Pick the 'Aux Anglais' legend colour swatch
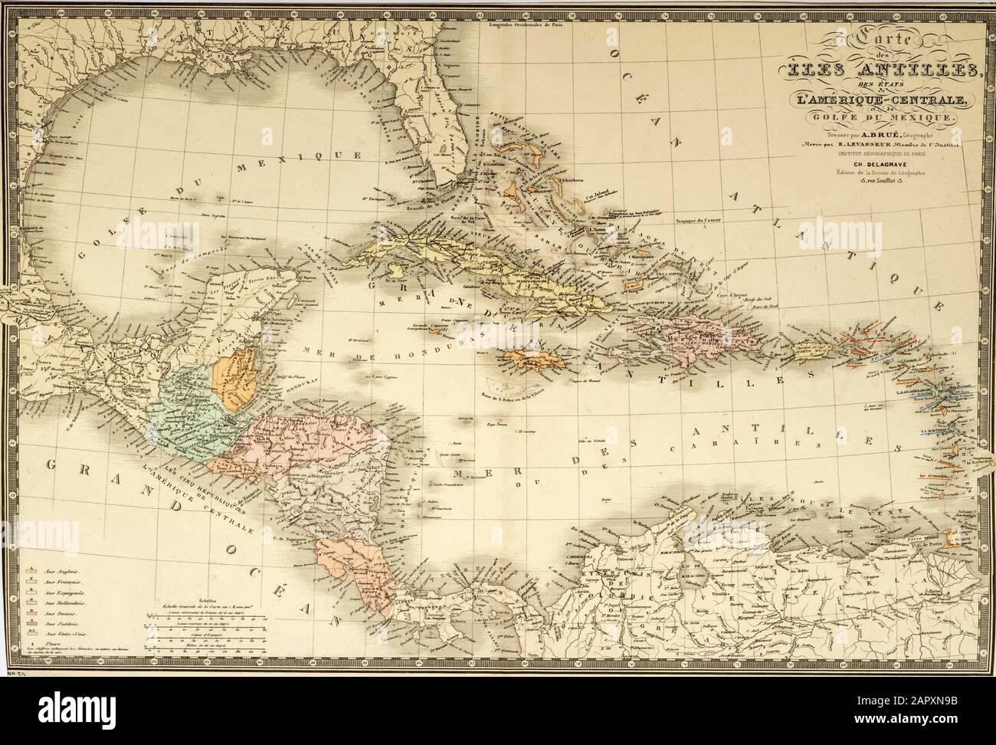33,572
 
